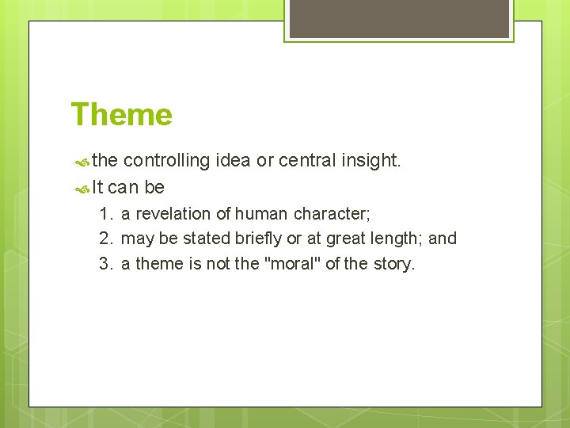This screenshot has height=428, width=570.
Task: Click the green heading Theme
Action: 121,115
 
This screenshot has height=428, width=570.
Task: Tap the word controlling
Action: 166,161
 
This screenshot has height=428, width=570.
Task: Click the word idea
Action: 234,161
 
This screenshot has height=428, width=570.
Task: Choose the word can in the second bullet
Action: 123,189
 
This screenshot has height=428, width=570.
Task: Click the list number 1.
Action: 106,214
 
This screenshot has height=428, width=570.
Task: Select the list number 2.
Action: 106,239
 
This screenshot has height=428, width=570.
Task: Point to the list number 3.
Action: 106,264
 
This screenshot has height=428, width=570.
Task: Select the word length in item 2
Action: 395,239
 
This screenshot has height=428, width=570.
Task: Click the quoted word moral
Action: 292,264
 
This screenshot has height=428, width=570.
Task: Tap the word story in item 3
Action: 393,264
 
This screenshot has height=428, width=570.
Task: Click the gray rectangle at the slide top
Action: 399,17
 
